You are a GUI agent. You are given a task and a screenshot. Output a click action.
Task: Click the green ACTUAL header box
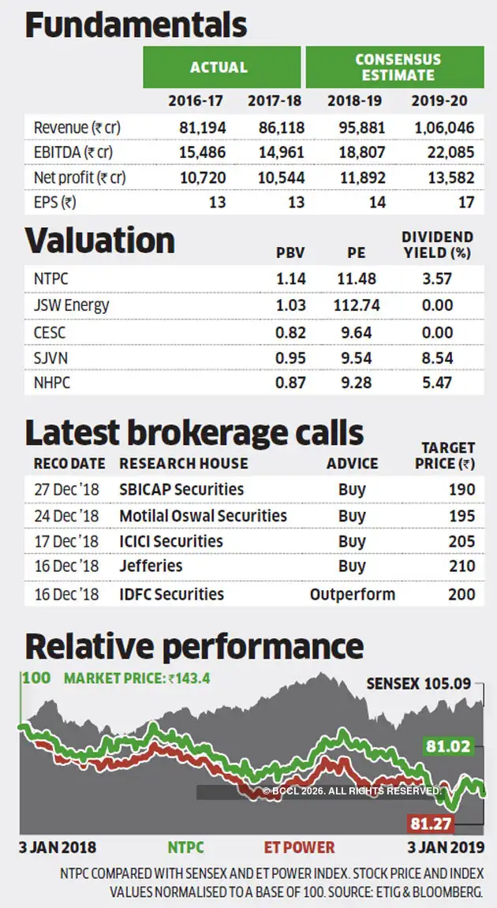pyautogui.click(x=221, y=67)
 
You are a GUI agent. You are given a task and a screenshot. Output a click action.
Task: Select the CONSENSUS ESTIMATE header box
pyautogui.click(x=394, y=67)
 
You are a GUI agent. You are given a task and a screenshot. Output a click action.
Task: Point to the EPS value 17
pyautogui.click(x=466, y=202)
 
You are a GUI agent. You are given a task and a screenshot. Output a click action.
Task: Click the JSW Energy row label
pyautogui.click(x=72, y=305)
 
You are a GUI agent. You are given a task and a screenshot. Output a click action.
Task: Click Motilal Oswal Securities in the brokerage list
pyautogui.click(x=203, y=516)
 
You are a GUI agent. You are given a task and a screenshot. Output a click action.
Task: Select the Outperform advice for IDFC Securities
pyautogui.click(x=353, y=594)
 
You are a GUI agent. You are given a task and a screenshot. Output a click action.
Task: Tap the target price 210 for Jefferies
pyautogui.click(x=461, y=566)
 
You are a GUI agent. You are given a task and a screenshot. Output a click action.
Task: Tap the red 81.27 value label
pyautogui.click(x=432, y=824)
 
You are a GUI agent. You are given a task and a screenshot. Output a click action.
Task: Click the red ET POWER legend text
pyautogui.click(x=298, y=847)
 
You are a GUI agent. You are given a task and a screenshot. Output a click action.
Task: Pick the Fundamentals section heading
pyautogui.click(x=136, y=25)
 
